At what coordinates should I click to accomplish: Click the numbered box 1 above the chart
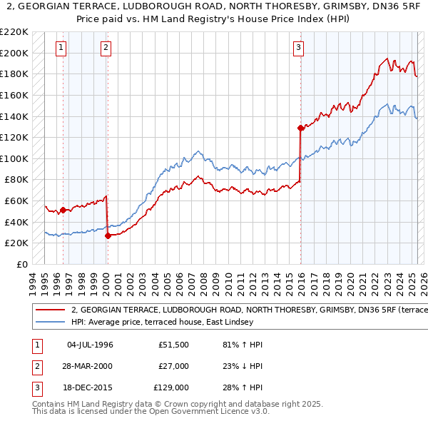[x=61, y=48]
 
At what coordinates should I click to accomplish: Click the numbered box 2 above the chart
[x=106, y=48]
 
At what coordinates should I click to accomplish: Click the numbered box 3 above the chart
[x=298, y=48]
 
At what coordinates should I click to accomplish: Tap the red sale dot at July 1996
[x=63, y=210]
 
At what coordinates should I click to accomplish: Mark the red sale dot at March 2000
[x=108, y=235]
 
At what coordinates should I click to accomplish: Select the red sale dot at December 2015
[x=300, y=128]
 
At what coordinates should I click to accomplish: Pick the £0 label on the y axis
[x=22, y=264]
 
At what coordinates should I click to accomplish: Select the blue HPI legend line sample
[x=51, y=322]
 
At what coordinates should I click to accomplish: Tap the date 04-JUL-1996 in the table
[x=91, y=345]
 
